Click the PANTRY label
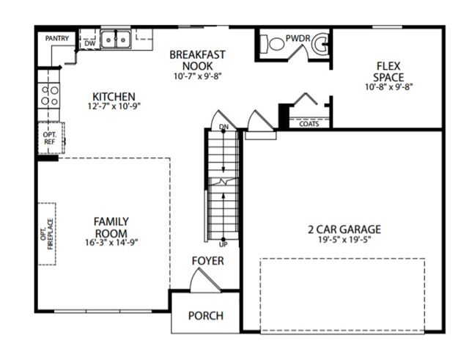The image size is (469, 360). [57, 38]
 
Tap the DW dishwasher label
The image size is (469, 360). [89, 43]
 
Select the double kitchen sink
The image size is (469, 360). [116, 40]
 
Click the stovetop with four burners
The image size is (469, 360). [49, 95]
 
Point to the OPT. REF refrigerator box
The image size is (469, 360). [51, 138]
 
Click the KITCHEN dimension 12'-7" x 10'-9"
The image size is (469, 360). [114, 106]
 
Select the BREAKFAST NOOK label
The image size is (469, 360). [197, 60]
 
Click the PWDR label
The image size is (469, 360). [298, 38]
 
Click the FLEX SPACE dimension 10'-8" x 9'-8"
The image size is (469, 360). [389, 87]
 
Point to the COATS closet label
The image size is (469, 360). [309, 124]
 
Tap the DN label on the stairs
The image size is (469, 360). [224, 127]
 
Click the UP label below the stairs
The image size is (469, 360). [223, 244]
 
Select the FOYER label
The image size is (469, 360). [207, 260]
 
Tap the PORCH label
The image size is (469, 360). [206, 315]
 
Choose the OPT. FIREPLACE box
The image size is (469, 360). [47, 234]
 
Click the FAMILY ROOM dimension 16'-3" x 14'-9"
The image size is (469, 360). [111, 242]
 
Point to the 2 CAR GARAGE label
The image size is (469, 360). [344, 229]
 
